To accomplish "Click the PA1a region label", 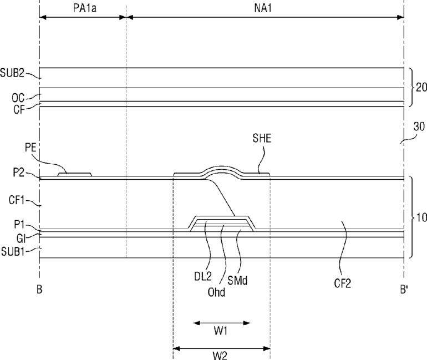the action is tap(85, 8).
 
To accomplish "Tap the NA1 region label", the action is tap(263, 8).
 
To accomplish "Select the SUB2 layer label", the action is tap(12, 73).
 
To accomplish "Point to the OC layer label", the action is tap(18, 98).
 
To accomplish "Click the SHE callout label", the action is tap(262, 138).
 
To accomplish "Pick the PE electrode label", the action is tap(30, 148).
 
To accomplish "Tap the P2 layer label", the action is tap(19, 173).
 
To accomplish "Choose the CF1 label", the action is tap(17, 200).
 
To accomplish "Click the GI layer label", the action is tap(21, 239).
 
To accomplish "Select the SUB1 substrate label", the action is tap(13, 252).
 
